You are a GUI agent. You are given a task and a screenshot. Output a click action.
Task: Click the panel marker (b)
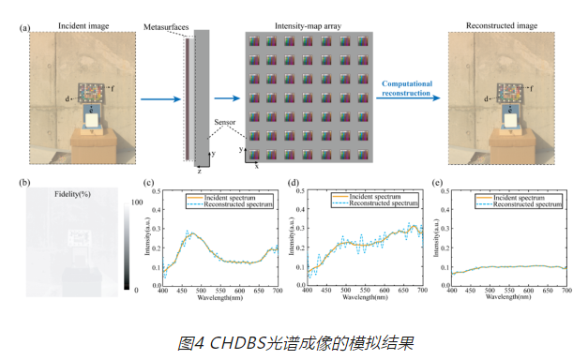23,184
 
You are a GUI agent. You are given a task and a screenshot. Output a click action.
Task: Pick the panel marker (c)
148,184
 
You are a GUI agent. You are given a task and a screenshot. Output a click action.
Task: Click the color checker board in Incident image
92,94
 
